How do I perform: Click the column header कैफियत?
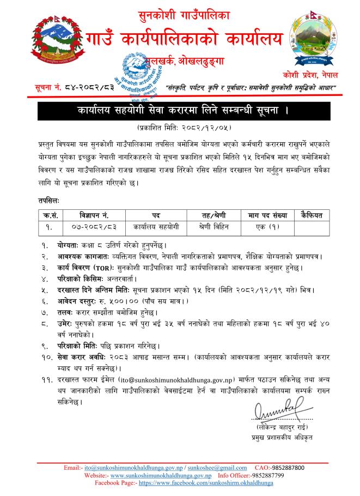(x=312, y=215)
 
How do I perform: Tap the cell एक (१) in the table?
(x=267, y=225)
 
